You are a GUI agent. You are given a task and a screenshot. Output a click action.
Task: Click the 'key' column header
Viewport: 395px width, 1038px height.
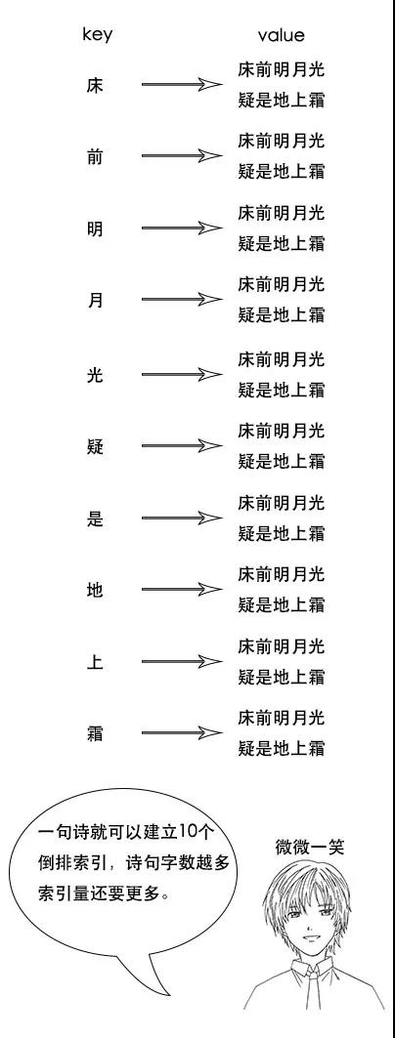tap(97, 35)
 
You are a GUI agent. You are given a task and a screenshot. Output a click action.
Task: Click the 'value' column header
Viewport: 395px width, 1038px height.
tap(281, 35)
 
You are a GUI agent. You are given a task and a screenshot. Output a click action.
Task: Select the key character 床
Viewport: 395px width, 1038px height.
tap(95, 85)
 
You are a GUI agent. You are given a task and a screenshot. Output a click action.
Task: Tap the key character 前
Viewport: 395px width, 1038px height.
tap(95, 157)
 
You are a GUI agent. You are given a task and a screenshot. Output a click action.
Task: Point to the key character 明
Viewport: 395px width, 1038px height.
tap(95, 229)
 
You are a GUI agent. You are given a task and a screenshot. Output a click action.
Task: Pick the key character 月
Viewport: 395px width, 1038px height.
tap(95, 301)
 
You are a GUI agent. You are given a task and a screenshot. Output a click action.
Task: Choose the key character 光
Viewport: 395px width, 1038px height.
tap(95, 375)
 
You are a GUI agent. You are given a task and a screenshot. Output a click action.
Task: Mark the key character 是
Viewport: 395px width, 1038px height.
tap(95, 519)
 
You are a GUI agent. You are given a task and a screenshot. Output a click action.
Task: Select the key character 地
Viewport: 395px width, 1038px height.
tap(95, 590)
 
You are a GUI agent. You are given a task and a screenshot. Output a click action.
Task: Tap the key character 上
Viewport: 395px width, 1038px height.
tap(95, 662)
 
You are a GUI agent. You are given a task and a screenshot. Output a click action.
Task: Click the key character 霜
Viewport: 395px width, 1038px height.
tap(95, 733)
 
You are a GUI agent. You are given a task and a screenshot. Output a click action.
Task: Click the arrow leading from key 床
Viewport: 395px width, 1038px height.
tap(182, 84)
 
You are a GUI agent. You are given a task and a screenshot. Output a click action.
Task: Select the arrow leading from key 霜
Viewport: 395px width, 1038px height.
tap(182, 732)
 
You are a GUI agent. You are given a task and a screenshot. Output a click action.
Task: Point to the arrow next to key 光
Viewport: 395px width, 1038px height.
tap(182, 374)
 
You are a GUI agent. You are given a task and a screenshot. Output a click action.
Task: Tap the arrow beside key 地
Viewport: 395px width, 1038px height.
tap(182, 589)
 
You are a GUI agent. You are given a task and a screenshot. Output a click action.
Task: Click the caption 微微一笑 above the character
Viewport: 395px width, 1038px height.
tap(310, 847)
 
